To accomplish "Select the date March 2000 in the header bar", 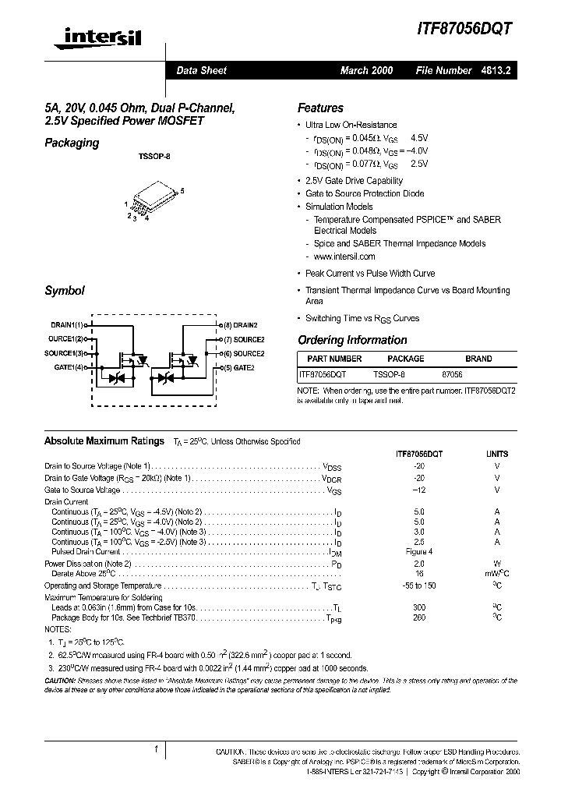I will pyautogui.click(x=366, y=70).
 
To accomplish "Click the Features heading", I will pyautogui.click(x=320, y=108).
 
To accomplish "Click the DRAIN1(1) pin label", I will pyautogui.click(x=67, y=324).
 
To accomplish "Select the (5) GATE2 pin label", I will pyautogui.click(x=239, y=367).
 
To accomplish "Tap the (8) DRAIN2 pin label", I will pyautogui.click(x=240, y=324).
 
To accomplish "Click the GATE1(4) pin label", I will pyautogui.click(x=69, y=367).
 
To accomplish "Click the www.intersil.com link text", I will pyautogui.click(x=344, y=257).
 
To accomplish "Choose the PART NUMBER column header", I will pyautogui.click(x=334, y=359).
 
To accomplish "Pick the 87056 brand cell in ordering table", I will pyautogui.click(x=452, y=374).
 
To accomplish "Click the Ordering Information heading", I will pyautogui.click(x=352, y=340).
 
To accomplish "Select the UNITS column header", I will pyautogui.click(x=497, y=453).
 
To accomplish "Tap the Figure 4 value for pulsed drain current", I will pyautogui.click(x=419, y=552).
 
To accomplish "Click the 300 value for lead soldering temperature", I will pyautogui.click(x=419, y=607).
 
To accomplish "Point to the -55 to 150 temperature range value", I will pyautogui.click(x=419, y=585).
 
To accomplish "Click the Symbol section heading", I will pyautogui.click(x=64, y=291).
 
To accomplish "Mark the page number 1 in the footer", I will pyautogui.click(x=157, y=749).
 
